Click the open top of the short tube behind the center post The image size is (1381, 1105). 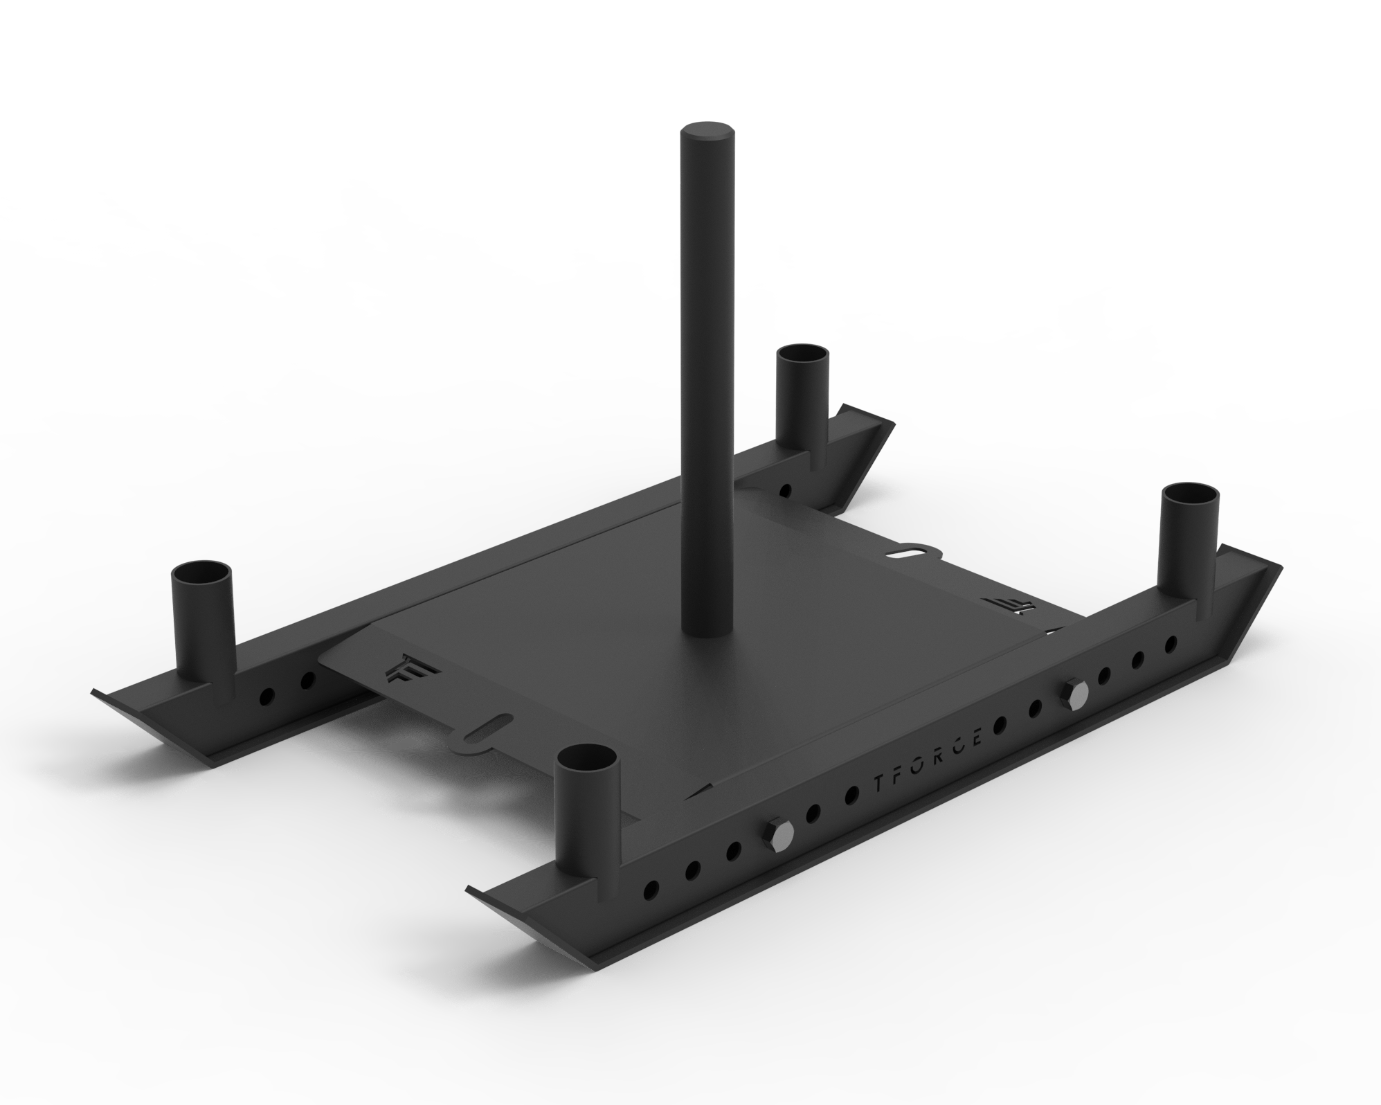point(803,357)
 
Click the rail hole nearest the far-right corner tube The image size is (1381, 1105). point(1171,644)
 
